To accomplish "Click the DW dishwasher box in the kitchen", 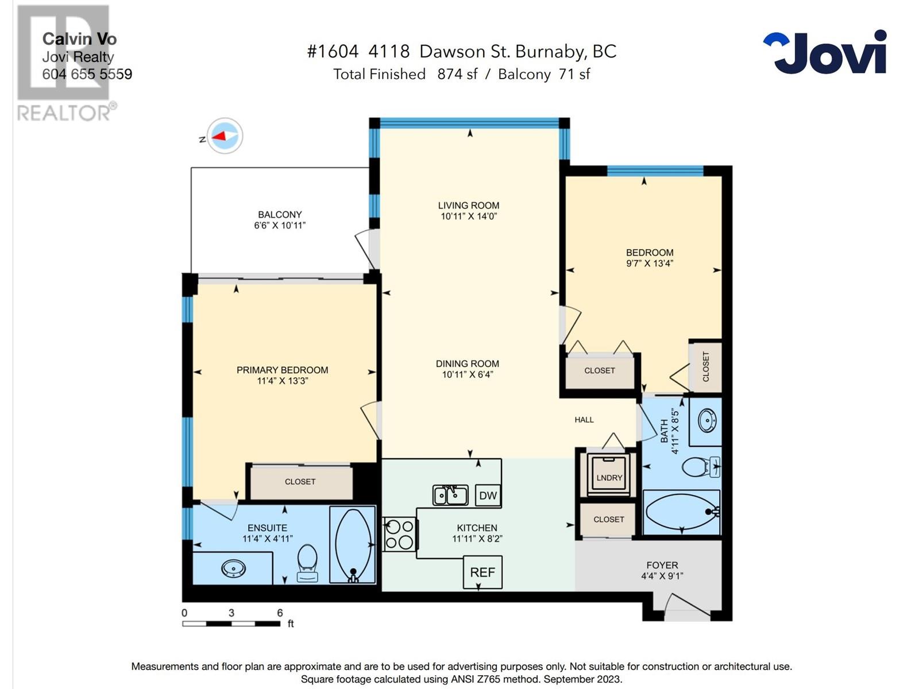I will (x=488, y=496).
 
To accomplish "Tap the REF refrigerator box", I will (x=482, y=572).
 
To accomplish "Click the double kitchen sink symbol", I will (x=450, y=495).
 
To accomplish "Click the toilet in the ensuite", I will (x=307, y=562).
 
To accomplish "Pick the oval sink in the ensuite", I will (x=234, y=568).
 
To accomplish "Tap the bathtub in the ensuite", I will (x=353, y=545).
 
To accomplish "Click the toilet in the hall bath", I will (x=699, y=467).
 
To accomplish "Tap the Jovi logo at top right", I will (x=825, y=52).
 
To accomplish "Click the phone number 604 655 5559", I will (x=87, y=74).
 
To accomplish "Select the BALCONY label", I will (x=280, y=214).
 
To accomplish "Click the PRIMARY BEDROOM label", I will (x=283, y=370).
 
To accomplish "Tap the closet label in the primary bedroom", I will (x=300, y=482).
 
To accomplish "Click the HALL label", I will (x=584, y=420).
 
